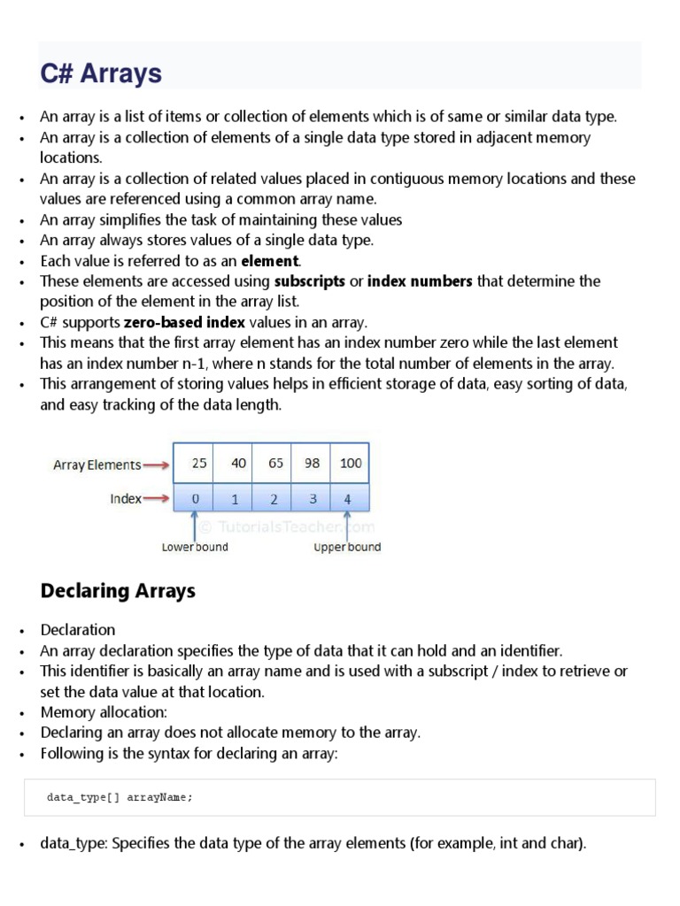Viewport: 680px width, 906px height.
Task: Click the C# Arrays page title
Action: point(101,73)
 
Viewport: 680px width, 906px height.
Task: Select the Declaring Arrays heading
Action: point(118,591)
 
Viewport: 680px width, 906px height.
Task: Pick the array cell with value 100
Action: point(350,463)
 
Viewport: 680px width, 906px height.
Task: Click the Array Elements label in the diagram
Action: point(97,465)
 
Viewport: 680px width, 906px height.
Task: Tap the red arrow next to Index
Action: point(156,499)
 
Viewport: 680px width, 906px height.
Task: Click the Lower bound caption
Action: point(194,547)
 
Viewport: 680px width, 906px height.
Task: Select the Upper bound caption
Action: point(347,547)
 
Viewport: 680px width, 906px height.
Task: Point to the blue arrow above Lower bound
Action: point(194,525)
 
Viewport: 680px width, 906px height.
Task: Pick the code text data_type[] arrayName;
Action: point(120,797)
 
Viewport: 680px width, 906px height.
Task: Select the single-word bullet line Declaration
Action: point(78,630)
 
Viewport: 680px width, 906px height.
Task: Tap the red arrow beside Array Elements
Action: point(157,465)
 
